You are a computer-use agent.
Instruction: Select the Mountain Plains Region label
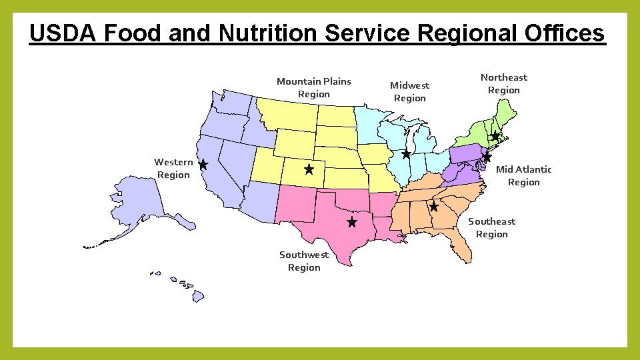(313, 87)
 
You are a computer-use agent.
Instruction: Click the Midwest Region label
(409, 91)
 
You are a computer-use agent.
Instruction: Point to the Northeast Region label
(503, 83)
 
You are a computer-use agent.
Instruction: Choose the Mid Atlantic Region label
(523, 175)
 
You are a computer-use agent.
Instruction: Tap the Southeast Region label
(491, 227)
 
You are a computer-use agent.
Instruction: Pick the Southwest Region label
(304, 261)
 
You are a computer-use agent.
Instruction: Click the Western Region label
(173, 168)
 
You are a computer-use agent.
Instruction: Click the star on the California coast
(203, 164)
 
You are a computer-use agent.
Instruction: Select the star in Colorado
(309, 170)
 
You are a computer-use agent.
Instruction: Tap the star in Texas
(352, 221)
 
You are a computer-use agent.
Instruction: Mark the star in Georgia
(434, 207)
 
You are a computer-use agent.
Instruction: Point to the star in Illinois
(406, 154)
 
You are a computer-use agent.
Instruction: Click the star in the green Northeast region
(495, 136)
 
